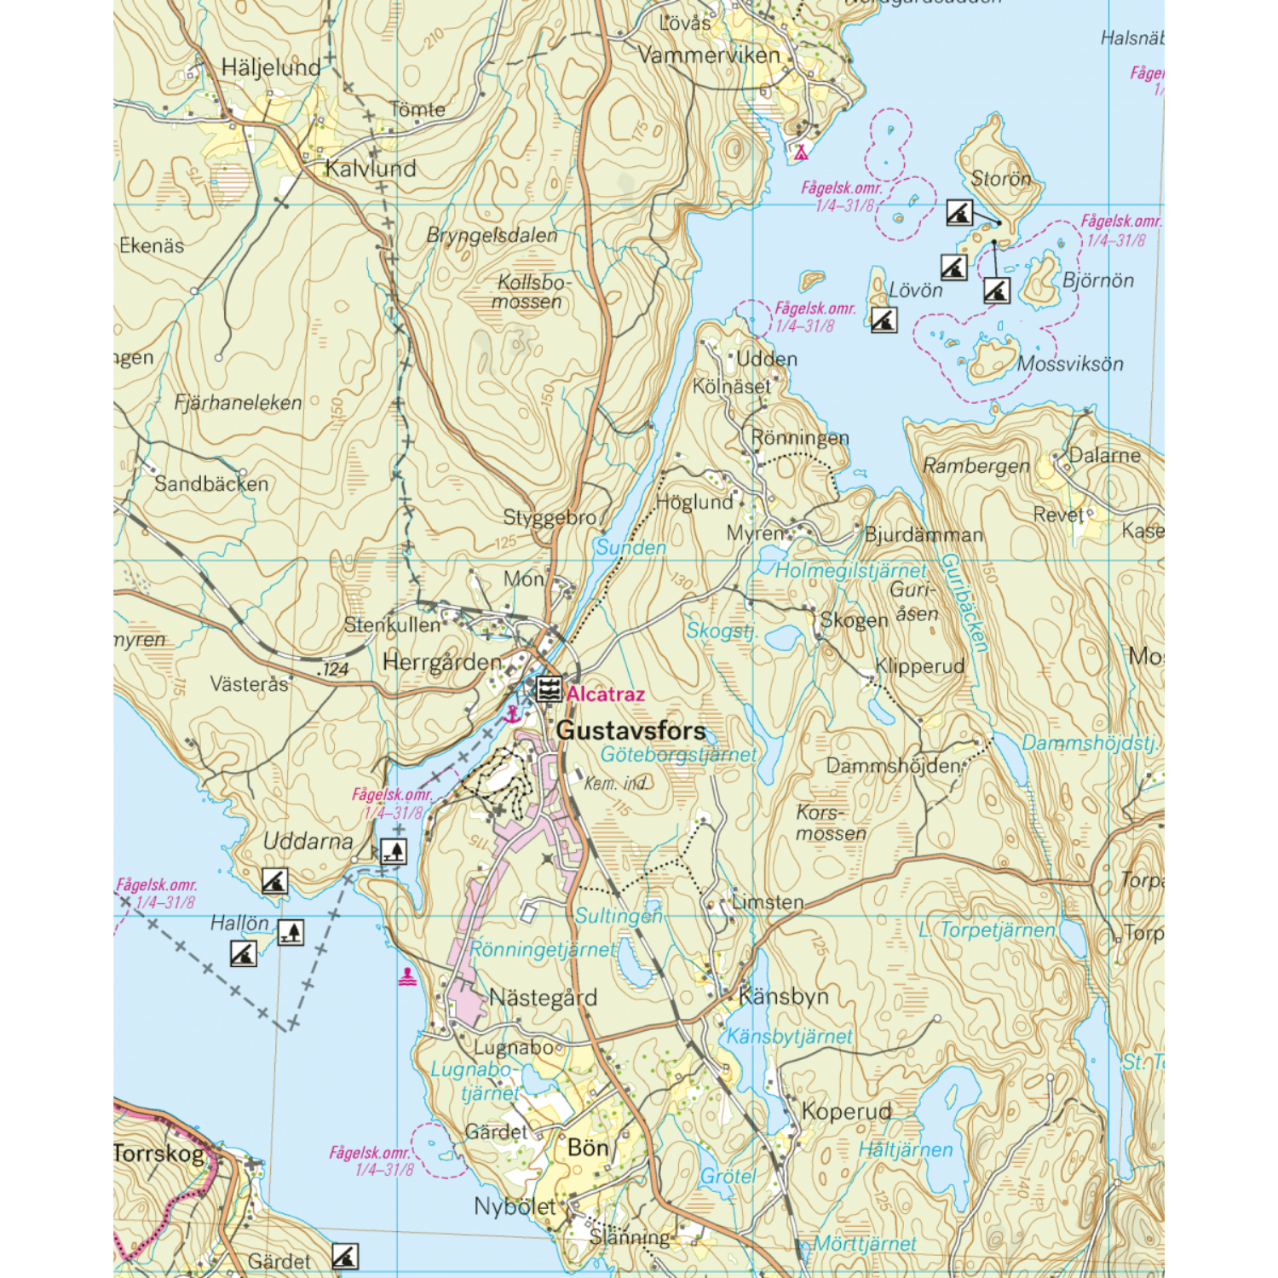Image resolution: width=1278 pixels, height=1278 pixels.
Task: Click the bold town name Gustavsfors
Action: click(x=630, y=731)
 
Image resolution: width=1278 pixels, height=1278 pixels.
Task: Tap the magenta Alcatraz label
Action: click(x=605, y=694)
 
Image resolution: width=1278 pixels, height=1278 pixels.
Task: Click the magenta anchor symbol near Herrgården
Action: click(x=512, y=714)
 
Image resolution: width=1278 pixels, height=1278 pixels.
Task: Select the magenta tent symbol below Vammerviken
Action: click(x=801, y=153)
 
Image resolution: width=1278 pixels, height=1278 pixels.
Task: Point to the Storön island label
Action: click(x=1001, y=179)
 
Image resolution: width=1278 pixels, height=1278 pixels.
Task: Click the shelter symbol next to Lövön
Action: click(x=884, y=319)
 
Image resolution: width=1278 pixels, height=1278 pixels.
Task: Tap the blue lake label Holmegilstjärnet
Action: click(x=849, y=571)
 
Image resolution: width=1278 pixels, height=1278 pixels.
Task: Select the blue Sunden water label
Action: click(x=630, y=548)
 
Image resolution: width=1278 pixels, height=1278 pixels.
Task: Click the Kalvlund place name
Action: click(x=371, y=169)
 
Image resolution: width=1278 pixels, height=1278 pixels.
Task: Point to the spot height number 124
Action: click(x=336, y=670)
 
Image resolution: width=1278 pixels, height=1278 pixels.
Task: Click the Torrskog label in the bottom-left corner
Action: click(x=159, y=1154)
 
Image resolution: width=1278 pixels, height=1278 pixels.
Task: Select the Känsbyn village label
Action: click(x=783, y=996)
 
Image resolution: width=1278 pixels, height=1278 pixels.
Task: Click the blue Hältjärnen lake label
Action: click(x=905, y=1150)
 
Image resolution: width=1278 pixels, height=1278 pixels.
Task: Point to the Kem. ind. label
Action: click(x=615, y=783)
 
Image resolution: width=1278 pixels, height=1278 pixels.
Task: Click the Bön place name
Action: click(x=588, y=1148)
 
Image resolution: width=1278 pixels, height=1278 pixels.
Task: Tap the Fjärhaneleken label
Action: click(x=238, y=403)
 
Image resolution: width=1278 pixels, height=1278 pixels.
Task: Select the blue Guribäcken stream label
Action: click(x=964, y=603)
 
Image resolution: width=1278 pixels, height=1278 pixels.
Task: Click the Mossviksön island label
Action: click(x=1070, y=365)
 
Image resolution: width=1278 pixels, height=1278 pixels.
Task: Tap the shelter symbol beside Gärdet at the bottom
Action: click(x=345, y=1256)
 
